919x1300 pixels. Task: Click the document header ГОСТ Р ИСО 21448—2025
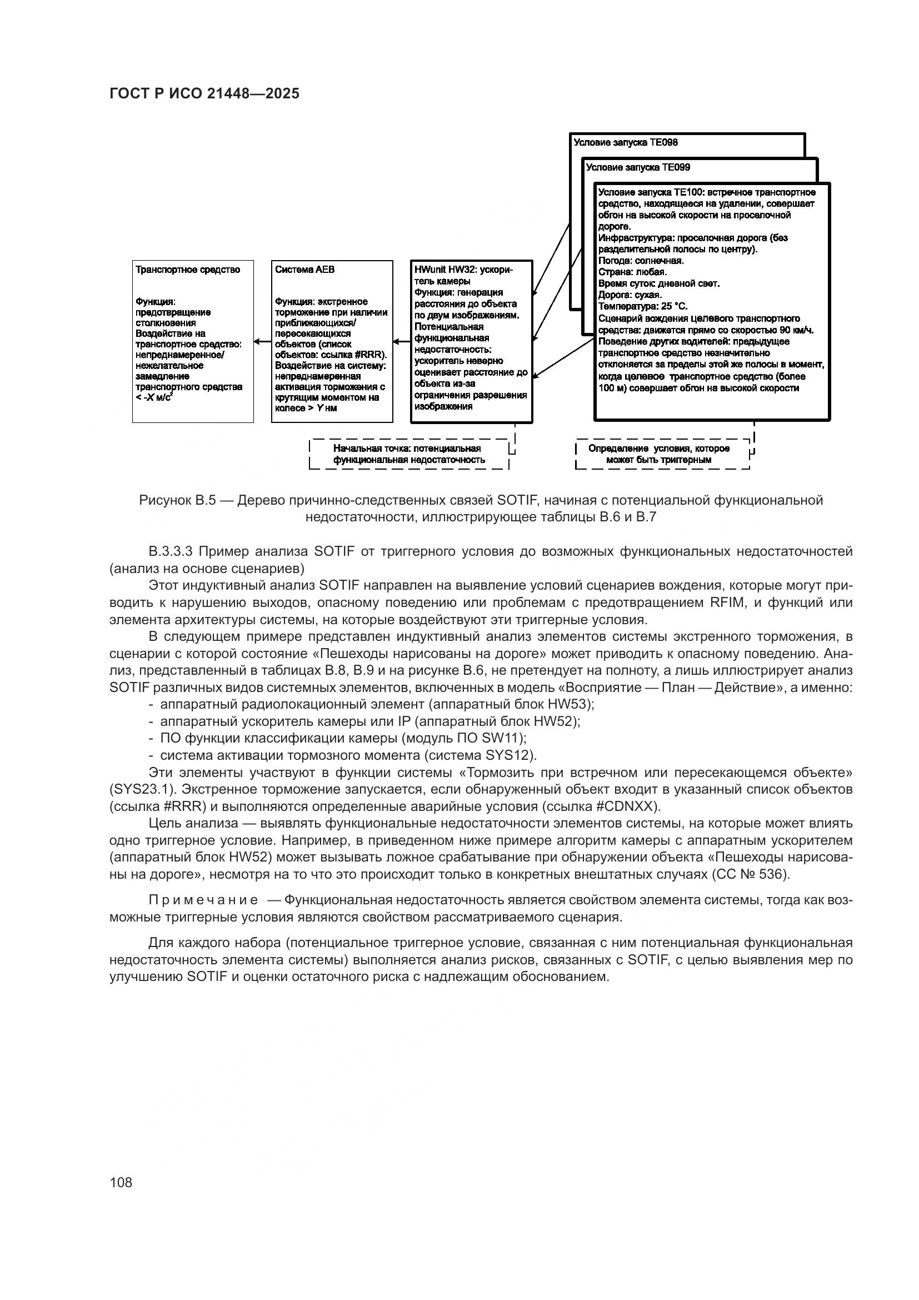click(x=204, y=94)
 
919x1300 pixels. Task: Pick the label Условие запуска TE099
click(x=638, y=168)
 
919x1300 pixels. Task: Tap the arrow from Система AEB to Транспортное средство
click(x=263, y=341)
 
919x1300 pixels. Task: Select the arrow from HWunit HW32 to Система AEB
click(x=402, y=341)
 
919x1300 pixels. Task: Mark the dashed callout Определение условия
click(x=659, y=454)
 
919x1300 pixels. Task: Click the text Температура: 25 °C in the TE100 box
click(x=643, y=306)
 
